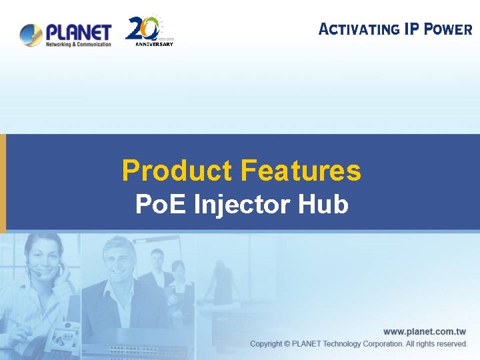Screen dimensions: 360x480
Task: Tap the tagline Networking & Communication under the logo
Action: pyautogui.click(x=79, y=45)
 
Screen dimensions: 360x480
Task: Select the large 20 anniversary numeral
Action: pyautogui.click(x=143, y=28)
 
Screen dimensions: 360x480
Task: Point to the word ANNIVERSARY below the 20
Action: pyautogui.click(x=154, y=45)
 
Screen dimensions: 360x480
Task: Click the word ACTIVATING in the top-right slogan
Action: pyautogui.click(x=359, y=29)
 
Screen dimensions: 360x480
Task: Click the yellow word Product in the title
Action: pyautogui.click(x=177, y=171)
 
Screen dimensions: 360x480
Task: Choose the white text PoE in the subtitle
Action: pyautogui.click(x=161, y=204)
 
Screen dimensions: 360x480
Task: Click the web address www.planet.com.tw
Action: pyautogui.click(x=425, y=331)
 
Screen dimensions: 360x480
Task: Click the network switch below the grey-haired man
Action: pyautogui.click(x=137, y=351)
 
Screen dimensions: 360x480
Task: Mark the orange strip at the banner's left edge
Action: pyautogui.click(x=3, y=183)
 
